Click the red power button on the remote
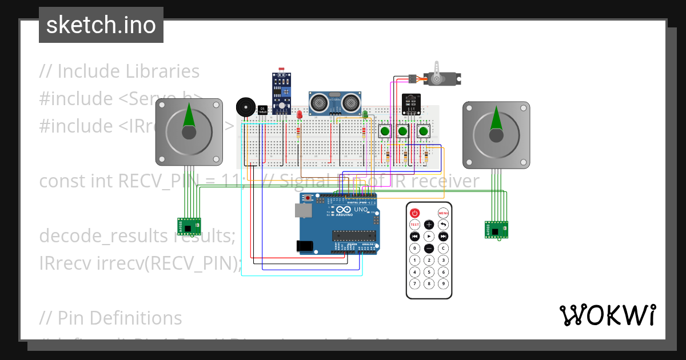pyautogui.click(x=414, y=213)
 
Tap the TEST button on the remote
pyautogui.click(x=414, y=225)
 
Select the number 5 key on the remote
pyautogui.click(x=429, y=272)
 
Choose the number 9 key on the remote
pyautogui.click(x=443, y=283)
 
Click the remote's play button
pyautogui.click(x=429, y=236)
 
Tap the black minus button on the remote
pyautogui.click(x=429, y=249)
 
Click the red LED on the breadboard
pyautogui.click(x=299, y=115)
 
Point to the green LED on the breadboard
pyautogui.click(x=365, y=115)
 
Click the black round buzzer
pyautogui.click(x=245, y=107)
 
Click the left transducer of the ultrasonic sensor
pyautogui.click(x=319, y=103)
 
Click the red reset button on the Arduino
pyautogui.click(x=308, y=198)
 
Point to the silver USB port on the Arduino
pyautogui.click(x=303, y=210)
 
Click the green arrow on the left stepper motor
pyautogui.click(x=189, y=117)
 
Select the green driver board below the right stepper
pyautogui.click(x=495, y=229)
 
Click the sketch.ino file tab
pyautogui.click(x=101, y=25)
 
